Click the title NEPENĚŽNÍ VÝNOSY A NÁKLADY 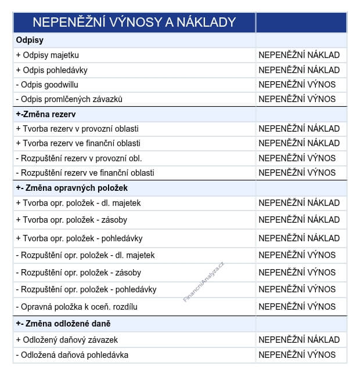click(134, 22)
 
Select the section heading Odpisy click(30, 41)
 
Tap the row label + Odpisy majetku click(48, 55)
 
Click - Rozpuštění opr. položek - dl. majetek click(85, 255)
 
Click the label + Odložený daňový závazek click(67, 340)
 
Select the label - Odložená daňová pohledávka click(72, 355)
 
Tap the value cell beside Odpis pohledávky click(299, 70)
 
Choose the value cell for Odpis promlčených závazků click(297, 99)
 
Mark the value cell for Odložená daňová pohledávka click(297, 355)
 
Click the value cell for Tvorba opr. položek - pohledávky click(299, 238)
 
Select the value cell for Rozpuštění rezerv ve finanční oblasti click(297, 173)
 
